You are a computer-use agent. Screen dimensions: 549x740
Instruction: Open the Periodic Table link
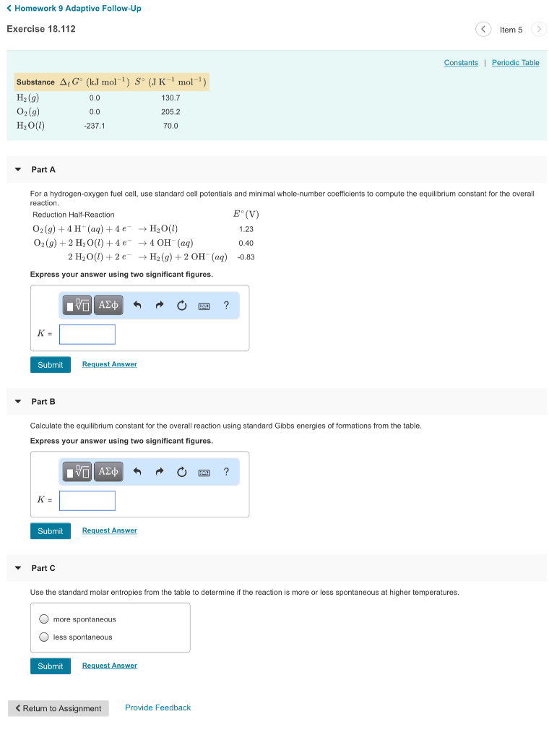click(515, 63)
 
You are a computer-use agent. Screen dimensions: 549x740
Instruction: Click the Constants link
click(461, 63)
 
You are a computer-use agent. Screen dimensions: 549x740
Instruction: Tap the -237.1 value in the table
click(95, 126)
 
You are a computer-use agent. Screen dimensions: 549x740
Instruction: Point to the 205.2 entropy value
click(170, 112)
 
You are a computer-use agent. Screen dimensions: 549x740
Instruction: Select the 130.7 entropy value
click(170, 98)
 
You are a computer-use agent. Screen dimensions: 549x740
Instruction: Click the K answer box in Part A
click(87, 335)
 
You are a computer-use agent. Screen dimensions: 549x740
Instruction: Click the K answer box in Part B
click(87, 501)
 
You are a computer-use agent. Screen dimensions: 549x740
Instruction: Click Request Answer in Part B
click(109, 530)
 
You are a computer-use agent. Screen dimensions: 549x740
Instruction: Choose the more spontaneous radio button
click(44, 619)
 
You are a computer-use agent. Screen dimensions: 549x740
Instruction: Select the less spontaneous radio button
click(44, 637)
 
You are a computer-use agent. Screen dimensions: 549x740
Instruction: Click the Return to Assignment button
click(59, 708)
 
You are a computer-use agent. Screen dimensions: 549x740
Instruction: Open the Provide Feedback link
click(157, 707)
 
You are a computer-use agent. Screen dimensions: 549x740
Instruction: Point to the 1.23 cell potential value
click(246, 229)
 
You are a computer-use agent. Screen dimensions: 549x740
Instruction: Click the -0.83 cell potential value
click(246, 257)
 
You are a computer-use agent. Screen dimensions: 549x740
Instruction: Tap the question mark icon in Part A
click(226, 306)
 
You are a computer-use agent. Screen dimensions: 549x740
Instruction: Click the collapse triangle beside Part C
click(18, 568)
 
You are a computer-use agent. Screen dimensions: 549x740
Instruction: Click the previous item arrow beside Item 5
click(483, 30)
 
